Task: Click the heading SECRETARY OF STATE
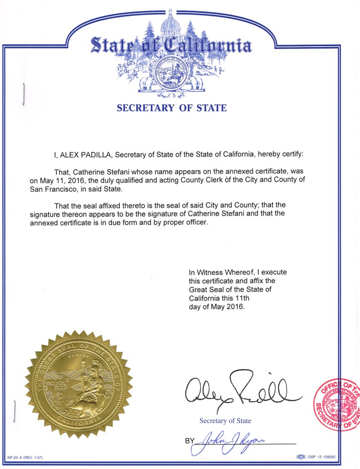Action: (x=171, y=108)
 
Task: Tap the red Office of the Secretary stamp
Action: (x=336, y=403)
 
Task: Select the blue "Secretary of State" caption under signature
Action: (x=225, y=421)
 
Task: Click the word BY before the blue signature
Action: (x=189, y=441)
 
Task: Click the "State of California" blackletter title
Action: (x=170, y=47)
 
